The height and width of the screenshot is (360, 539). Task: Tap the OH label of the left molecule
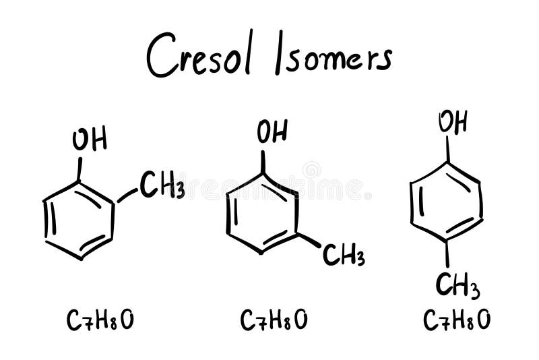point(90,140)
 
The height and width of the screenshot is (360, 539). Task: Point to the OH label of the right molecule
point(453,123)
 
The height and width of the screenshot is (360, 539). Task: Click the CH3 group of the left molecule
point(162,185)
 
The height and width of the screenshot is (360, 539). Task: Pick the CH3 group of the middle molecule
point(343,255)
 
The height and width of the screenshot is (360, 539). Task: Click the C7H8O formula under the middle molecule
point(274,321)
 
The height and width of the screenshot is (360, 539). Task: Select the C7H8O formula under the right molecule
point(457,321)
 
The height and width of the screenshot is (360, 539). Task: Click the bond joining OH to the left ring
point(80,169)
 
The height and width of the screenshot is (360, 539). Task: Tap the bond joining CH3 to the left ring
point(127,196)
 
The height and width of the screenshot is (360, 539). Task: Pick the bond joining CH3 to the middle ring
point(309,240)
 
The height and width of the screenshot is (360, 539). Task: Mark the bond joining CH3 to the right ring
point(447,253)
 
